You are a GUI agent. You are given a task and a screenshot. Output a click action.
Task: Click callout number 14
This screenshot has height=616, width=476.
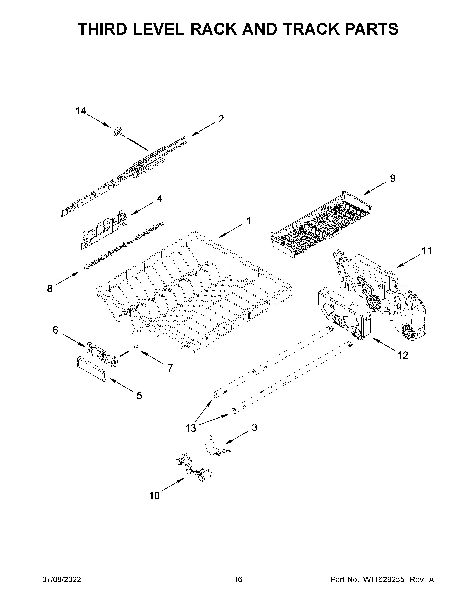click(x=81, y=111)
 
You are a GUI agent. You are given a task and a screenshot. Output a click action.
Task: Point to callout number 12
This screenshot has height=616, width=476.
click(x=403, y=355)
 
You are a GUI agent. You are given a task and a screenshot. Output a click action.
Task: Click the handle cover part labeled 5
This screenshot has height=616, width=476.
click(x=92, y=369)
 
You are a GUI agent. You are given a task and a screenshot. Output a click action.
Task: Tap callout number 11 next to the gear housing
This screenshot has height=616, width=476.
click(x=426, y=251)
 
